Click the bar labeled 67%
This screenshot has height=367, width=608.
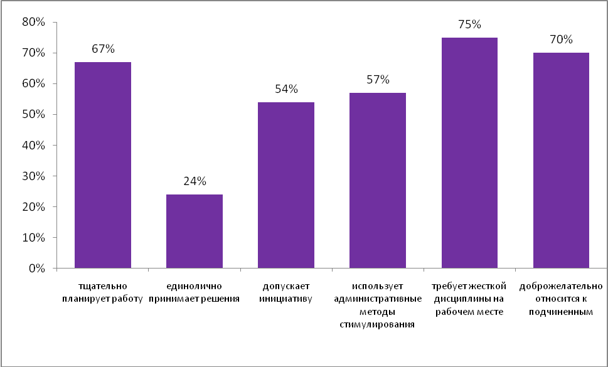[103, 165]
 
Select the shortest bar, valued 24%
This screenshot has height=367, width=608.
[195, 231]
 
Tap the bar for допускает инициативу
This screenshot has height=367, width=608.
[286, 185]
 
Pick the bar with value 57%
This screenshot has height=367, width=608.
[378, 181]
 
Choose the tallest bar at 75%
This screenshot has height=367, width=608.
[469, 153]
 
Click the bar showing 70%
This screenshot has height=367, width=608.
[561, 161]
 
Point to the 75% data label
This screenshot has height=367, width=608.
[469, 25]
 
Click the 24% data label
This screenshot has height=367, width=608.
[195, 182]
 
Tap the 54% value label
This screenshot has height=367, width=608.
[286, 89]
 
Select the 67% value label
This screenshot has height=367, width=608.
[103, 49]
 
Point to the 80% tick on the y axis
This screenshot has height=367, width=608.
[33, 22]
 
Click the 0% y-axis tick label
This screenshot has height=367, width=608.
[36, 269]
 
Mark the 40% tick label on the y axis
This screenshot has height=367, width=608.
[33, 146]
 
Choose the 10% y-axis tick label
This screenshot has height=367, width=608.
[33, 238]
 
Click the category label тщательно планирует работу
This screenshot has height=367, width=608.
[103, 293]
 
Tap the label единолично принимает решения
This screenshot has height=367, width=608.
[195, 293]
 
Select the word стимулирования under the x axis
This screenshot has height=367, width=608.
[378, 324]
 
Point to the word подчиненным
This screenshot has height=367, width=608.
[561, 312]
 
